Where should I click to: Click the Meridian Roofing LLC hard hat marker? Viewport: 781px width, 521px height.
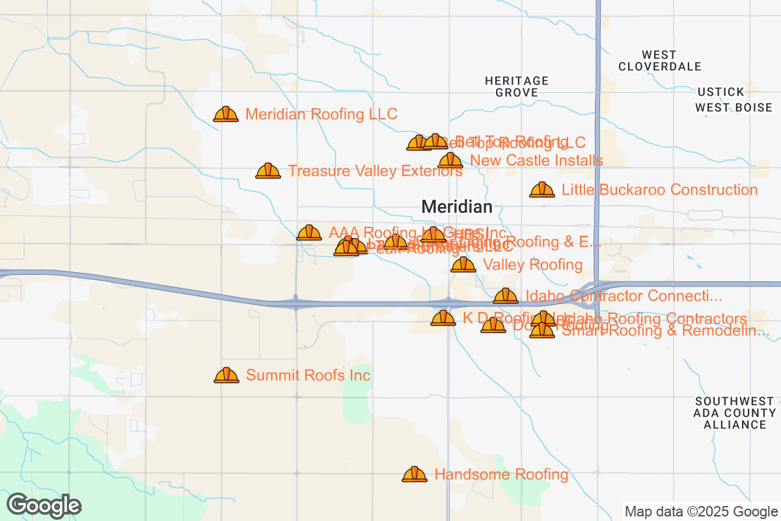(x=225, y=115)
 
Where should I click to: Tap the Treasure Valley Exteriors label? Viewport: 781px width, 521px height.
(x=375, y=171)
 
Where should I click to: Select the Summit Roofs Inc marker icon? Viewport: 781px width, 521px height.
(x=226, y=376)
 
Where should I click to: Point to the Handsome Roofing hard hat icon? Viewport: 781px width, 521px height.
(x=415, y=475)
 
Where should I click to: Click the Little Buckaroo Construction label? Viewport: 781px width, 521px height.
(x=659, y=190)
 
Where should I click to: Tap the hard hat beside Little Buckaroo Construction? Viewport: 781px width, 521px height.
(x=541, y=190)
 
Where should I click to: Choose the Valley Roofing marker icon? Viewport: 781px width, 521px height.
(x=463, y=265)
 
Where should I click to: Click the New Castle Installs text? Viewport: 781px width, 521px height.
(x=536, y=160)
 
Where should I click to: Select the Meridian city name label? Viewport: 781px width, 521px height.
(x=457, y=207)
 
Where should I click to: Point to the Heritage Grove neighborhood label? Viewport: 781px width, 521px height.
(x=517, y=87)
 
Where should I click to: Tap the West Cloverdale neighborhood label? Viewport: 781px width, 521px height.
(x=659, y=61)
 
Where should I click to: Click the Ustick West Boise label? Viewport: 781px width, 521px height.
(x=733, y=100)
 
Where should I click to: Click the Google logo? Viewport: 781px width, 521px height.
(x=44, y=505)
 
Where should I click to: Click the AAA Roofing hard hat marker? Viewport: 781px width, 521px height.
(x=309, y=233)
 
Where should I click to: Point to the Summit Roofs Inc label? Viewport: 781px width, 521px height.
(x=308, y=376)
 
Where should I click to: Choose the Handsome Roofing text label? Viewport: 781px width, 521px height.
(x=501, y=475)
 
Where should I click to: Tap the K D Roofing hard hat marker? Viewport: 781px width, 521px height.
(x=443, y=318)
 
